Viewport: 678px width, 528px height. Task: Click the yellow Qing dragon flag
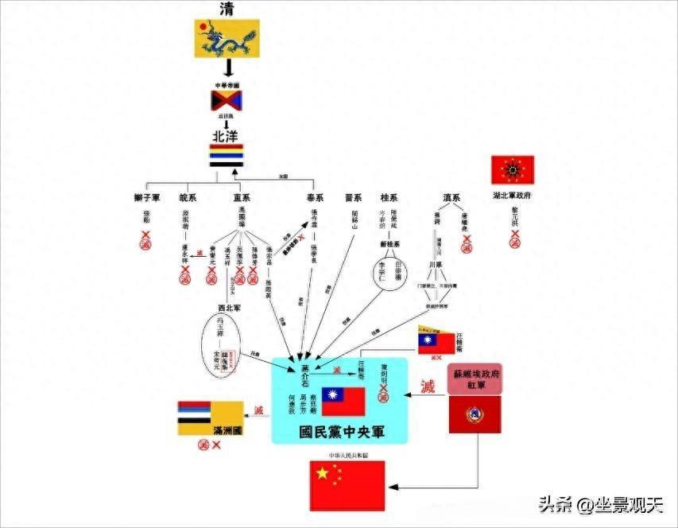227,38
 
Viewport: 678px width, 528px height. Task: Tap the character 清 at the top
227,10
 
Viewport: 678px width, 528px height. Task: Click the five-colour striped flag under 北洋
227,155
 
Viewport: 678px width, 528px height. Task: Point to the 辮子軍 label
147,196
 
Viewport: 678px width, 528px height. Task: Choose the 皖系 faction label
189,196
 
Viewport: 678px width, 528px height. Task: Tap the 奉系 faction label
315,196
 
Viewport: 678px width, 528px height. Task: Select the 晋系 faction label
353,196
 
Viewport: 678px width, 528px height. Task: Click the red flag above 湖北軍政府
513,170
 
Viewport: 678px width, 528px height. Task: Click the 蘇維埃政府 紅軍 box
475,379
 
